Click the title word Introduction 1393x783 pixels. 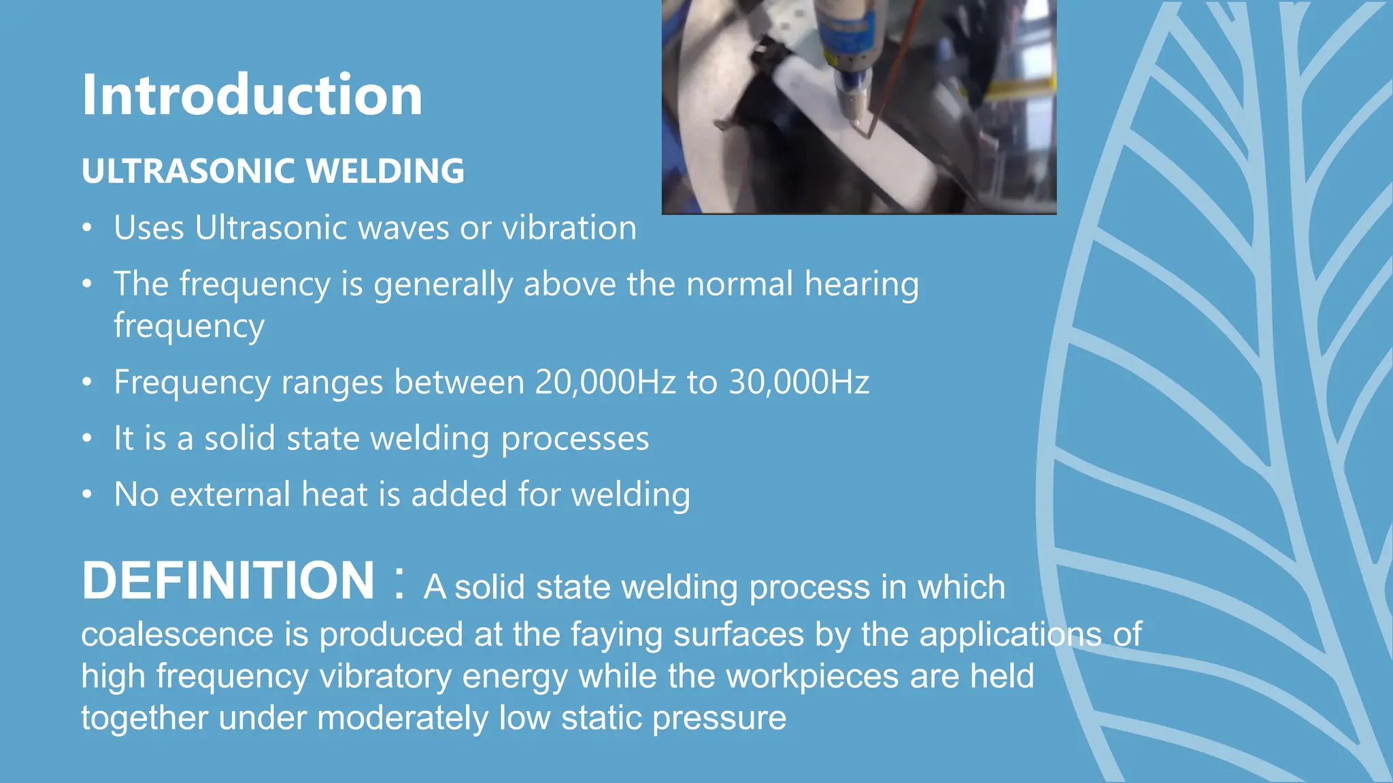(x=252, y=95)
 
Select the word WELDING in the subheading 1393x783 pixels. (x=386, y=171)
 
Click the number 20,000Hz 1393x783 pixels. (x=605, y=382)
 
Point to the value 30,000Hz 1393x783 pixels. (x=799, y=382)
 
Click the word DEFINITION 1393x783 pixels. (x=228, y=580)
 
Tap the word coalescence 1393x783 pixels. (x=177, y=634)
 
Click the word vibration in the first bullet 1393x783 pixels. (x=569, y=228)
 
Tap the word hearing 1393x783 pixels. (x=861, y=283)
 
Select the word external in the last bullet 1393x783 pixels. (x=230, y=494)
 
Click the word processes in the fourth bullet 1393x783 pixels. (x=575, y=438)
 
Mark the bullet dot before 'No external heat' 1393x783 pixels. (x=86, y=494)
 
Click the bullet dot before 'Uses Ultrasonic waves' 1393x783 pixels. (x=86, y=228)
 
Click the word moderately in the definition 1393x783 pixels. (x=402, y=718)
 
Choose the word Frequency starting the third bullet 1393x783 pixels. (x=192, y=382)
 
